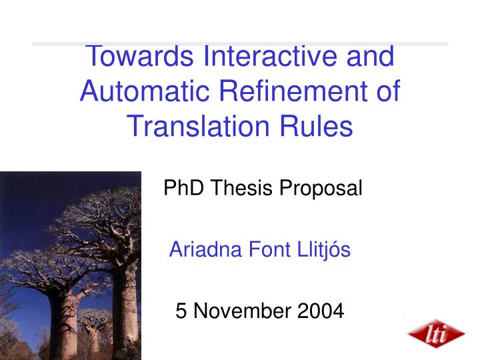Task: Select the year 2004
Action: click(319, 311)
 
